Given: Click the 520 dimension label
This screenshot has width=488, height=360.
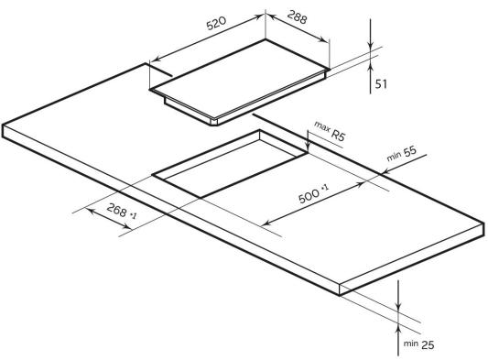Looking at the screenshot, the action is (x=216, y=23).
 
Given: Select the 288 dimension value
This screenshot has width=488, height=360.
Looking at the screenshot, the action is (x=297, y=17).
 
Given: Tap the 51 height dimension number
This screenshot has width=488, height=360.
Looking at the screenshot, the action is (x=381, y=84).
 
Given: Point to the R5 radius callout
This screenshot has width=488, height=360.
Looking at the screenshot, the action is (x=338, y=136).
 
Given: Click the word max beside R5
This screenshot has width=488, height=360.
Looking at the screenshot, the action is (x=321, y=126).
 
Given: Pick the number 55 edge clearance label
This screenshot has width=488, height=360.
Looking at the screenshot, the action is (x=409, y=152).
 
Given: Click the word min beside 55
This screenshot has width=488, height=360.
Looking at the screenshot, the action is (x=394, y=157).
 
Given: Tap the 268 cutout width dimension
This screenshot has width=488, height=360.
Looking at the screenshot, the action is (x=116, y=210).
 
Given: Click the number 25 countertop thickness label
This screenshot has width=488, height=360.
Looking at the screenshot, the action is (x=428, y=344).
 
